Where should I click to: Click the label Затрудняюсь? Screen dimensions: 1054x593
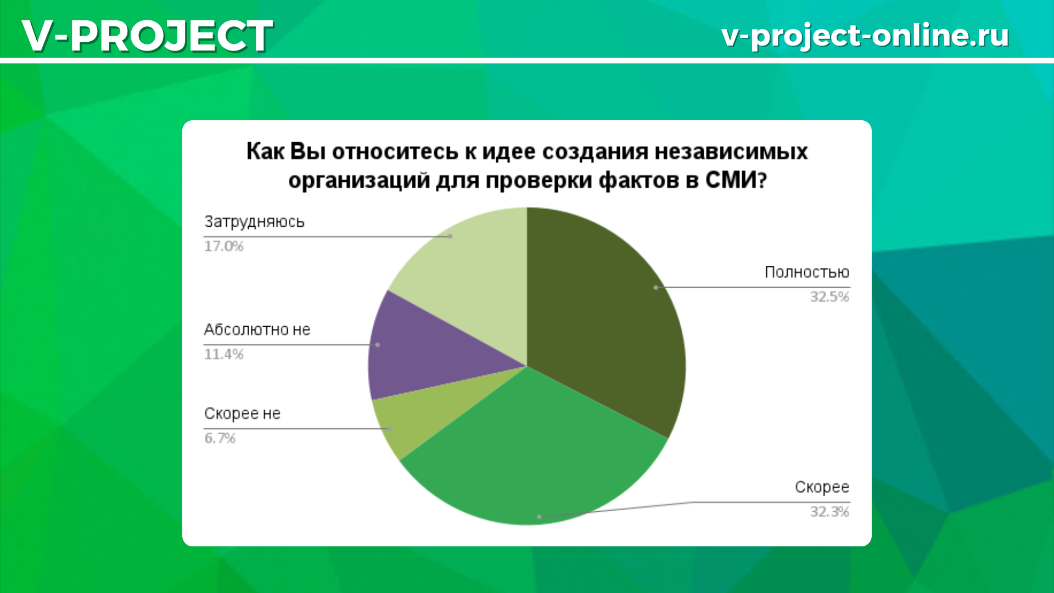click(x=254, y=222)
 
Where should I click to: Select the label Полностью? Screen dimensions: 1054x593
click(x=807, y=272)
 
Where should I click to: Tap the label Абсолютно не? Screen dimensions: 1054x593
click(x=257, y=329)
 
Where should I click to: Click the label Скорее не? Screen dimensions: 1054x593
click(x=242, y=413)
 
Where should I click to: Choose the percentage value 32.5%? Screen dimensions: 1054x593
click(x=829, y=297)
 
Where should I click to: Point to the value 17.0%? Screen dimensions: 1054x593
click(x=223, y=246)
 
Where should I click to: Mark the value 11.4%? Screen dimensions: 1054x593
click(x=223, y=354)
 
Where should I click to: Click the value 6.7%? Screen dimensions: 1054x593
click(x=220, y=438)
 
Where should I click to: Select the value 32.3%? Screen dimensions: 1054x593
click(x=829, y=512)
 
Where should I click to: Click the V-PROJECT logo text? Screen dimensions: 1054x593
click(x=147, y=36)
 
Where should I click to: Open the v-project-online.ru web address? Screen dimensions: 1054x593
click(x=865, y=36)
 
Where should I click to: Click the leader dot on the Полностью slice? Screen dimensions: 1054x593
click(x=655, y=287)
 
